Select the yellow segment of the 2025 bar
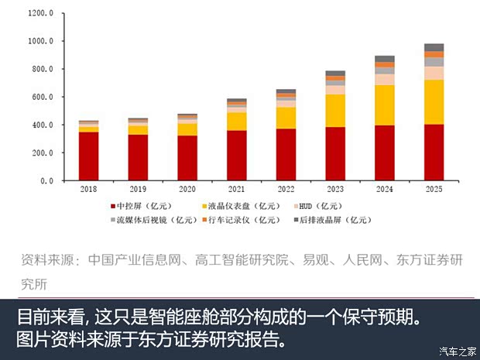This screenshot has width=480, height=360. pos(434,101)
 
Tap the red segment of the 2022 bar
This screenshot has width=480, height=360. pos(286,154)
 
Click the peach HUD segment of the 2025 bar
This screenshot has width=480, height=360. pos(434,73)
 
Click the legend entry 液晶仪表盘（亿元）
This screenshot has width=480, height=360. pos(242,207)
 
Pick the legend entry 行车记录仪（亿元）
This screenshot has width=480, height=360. pos(246,219)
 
